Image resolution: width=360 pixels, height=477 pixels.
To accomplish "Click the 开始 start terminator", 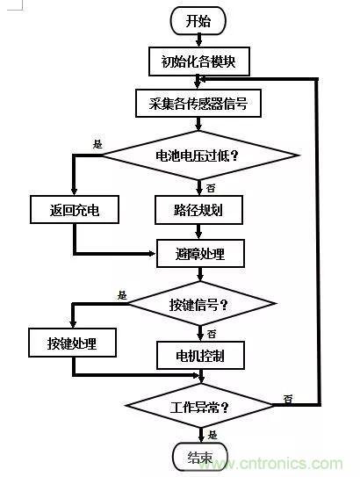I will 199,20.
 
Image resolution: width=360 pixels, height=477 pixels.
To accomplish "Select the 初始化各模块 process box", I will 199,61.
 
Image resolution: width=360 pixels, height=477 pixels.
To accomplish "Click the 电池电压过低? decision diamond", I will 199,155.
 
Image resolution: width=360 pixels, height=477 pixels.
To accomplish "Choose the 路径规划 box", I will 199,209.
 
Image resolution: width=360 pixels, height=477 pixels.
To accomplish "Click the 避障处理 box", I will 201,255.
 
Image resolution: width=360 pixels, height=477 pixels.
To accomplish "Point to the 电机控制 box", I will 201,356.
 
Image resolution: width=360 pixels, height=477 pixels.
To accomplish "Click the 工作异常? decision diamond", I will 199,407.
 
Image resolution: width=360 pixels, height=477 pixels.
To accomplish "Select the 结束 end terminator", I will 199,457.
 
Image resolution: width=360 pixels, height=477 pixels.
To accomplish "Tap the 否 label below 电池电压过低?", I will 211,187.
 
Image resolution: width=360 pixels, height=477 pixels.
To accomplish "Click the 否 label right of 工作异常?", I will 287,399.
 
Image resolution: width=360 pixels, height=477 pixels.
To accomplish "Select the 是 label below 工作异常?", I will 212,435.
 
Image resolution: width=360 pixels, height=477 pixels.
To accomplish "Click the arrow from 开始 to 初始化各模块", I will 199,39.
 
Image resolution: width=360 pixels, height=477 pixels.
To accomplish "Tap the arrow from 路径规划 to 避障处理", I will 199,231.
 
